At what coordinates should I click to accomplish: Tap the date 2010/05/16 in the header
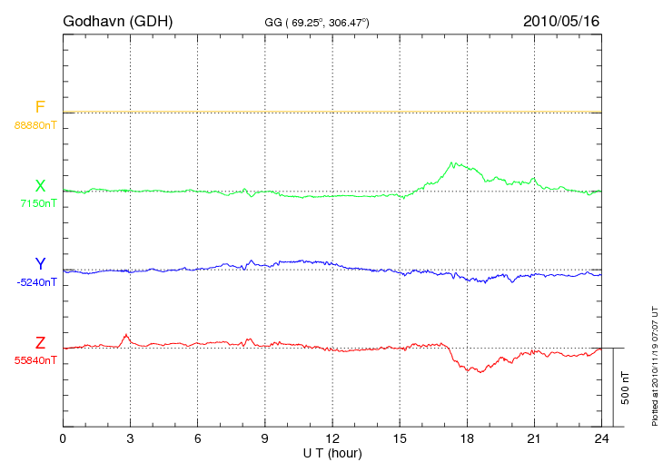tap(560, 20)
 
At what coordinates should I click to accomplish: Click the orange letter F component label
tap(40, 107)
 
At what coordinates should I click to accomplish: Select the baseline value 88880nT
tap(35, 124)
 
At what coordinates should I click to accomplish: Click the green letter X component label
tap(40, 186)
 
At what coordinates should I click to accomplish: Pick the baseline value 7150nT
tap(38, 203)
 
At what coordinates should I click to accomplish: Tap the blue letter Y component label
tap(40, 264)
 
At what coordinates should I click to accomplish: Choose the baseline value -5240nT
tap(36, 282)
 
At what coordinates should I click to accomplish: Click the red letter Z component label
tap(40, 343)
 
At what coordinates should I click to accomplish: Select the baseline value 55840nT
tap(35, 360)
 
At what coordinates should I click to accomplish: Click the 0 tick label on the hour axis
tap(63, 438)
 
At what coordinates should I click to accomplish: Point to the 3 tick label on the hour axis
tap(130, 438)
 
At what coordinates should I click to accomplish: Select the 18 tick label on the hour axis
tap(467, 438)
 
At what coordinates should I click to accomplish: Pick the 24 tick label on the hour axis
tap(601, 438)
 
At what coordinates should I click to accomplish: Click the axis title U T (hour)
tap(331, 452)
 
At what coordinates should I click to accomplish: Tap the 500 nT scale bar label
tap(626, 388)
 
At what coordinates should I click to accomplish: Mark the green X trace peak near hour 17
tap(452, 162)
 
